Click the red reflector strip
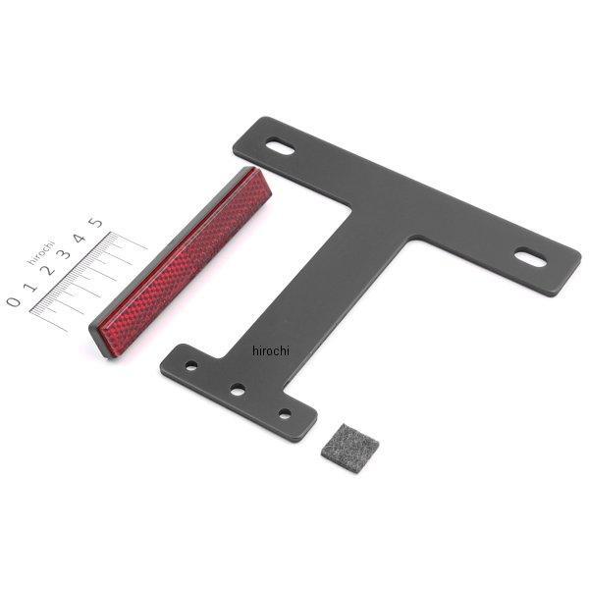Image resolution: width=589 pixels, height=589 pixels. click(181, 263)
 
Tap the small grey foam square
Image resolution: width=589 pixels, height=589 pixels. click(349, 448)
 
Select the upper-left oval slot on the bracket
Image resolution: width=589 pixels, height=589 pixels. click(280, 146)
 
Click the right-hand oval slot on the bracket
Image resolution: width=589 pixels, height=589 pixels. click(530, 258)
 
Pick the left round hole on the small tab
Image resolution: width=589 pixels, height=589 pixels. click(191, 365)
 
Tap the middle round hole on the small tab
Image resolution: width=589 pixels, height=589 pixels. click(238, 390)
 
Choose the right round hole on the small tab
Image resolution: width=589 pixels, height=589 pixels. click(285, 414)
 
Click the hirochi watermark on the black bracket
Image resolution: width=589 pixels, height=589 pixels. click(271, 350)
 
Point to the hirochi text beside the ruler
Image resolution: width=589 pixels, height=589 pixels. click(40, 251)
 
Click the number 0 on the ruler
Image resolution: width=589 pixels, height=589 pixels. click(14, 301)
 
